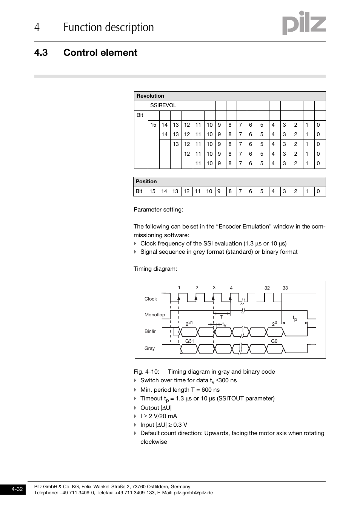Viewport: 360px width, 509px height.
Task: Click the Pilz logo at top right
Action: (x=304, y=23)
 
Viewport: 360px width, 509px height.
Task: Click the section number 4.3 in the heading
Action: (x=41, y=53)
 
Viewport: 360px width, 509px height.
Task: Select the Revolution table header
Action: (x=150, y=96)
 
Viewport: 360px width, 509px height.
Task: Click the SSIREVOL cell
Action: (x=163, y=106)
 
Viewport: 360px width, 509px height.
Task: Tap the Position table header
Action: (x=146, y=182)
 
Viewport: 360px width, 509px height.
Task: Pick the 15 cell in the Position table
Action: (x=152, y=192)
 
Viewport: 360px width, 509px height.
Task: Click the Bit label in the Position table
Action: (x=139, y=192)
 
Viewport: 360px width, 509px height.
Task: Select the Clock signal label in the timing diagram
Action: (x=151, y=299)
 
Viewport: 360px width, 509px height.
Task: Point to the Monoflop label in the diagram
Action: (x=155, y=315)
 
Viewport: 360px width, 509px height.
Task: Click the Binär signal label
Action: (x=150, y=331)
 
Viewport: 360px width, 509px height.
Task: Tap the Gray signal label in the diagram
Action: (x=149, y=348)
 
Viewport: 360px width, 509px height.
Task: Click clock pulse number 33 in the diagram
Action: (x=285, y=288)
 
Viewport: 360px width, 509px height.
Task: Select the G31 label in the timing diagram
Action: (x=189, y=341)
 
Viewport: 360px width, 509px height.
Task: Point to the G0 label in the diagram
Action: (x=274, y=341)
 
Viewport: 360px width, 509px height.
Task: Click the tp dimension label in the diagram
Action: (x=295, y=319)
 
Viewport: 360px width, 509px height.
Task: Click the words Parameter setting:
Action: (x=158, y=210)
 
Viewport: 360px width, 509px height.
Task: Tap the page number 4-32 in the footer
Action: (x=17, y=489)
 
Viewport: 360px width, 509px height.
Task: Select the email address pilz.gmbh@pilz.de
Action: (x=193, y=493)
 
